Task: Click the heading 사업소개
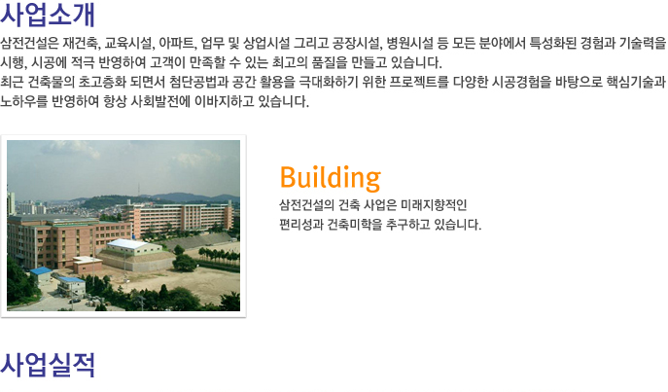[48, 15]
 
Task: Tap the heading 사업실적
[48, 365]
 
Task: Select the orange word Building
[331, 178]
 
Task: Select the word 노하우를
[24, 101]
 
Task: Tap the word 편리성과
[301, 224]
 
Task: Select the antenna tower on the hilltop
[138, 190]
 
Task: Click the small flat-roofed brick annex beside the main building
[88, 265]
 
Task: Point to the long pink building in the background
[178, 220]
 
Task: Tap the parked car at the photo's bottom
[76, 301]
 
